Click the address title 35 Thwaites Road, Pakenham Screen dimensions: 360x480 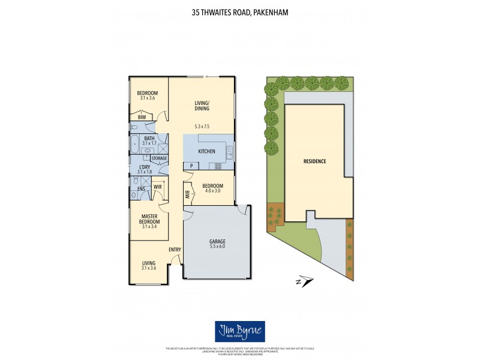[x=239, y=11]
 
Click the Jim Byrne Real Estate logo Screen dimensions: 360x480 [x=239, y=332]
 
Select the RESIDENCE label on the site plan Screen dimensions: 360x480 [x=314, y=161]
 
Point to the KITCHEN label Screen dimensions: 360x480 [x=206, y=152]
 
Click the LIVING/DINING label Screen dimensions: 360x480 [x=202, y=106]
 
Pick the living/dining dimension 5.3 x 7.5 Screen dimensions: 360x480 [x=202, y=127]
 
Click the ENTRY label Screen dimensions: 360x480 [x=175, y=249]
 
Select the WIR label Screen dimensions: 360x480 [x=158, y=187]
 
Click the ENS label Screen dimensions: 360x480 [x=141, y=189]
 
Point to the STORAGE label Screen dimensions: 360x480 [x=159, y=158]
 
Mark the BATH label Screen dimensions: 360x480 [x=149, y=138]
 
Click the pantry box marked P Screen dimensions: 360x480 [x=191, y=166]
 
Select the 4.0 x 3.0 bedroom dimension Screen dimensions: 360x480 [x=212, y=191]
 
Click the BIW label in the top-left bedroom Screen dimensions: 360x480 [x=142, y=118]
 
